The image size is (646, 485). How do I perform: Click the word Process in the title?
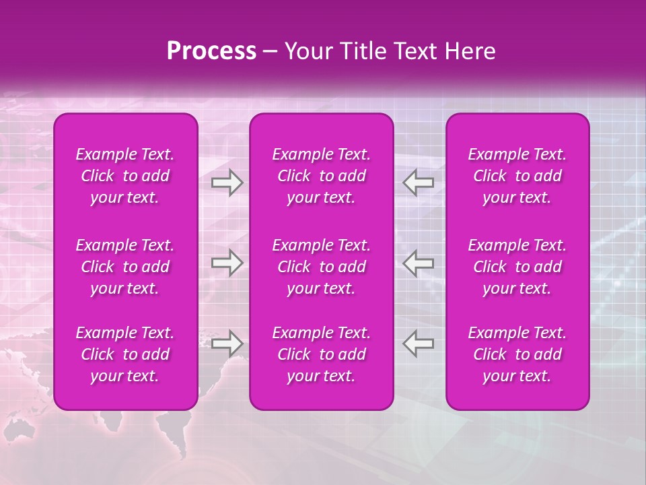[211, 51]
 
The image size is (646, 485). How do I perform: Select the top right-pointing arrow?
[227, 183]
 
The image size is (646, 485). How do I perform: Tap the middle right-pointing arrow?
[227, 263]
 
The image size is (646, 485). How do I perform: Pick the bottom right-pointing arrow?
[227, 344]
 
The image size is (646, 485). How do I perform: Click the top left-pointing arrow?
[419, 183]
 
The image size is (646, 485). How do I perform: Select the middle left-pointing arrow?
[419, 263]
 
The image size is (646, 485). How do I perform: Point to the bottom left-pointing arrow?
[419, 344]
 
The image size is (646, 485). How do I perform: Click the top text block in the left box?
[125, 176]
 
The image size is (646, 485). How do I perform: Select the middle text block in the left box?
[125, 267]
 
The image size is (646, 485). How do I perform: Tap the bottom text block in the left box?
[125, 354]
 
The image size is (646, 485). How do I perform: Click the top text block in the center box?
[321, 176]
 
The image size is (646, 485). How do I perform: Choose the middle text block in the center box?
[321, 267]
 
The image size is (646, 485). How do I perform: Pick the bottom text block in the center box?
[321, 354]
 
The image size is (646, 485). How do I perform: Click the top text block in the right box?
[517, 176]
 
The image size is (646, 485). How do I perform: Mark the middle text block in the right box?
[517, 267]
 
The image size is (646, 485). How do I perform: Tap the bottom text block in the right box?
[517, 354]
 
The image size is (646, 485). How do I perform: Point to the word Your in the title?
[307, 51]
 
